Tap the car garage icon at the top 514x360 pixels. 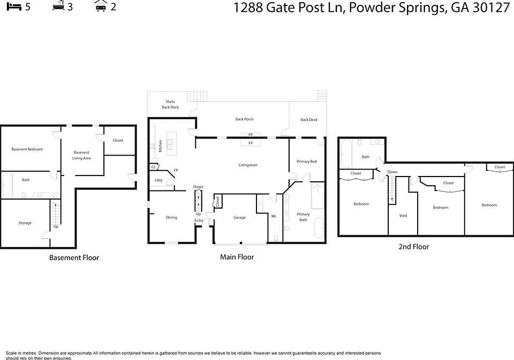coord(100,6)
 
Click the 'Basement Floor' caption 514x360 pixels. coord(74,258)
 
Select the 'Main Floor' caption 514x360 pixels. coord(237,257)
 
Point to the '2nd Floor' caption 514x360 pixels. coord(413,247)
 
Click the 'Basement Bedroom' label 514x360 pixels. coord(27,149)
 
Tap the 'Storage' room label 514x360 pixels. coord(25,223)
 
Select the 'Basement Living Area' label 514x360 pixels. coord(81,155)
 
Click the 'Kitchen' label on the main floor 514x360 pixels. coord(160,146)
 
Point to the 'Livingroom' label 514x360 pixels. coord(248,165)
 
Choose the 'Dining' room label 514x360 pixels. coord(171,218)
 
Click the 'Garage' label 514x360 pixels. coord(239,218)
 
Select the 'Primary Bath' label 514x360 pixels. coord(303,217)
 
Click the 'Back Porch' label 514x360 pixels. coord(244,119)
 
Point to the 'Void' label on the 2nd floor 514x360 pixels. coord(403,216)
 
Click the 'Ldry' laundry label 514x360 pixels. coord(158,180)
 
